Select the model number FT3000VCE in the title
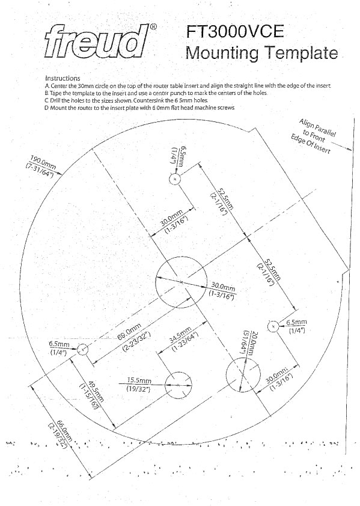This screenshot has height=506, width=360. point(236,32)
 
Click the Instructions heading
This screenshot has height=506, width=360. point(63,78)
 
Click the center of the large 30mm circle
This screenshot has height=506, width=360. point(181,282)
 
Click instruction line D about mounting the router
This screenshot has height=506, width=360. point(140,108)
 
